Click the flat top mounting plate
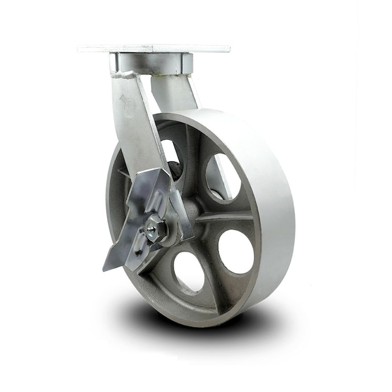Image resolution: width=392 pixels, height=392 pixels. point(154,48)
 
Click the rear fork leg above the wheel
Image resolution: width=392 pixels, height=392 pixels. point(180,91)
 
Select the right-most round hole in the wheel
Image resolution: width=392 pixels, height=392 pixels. point(236,251)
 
